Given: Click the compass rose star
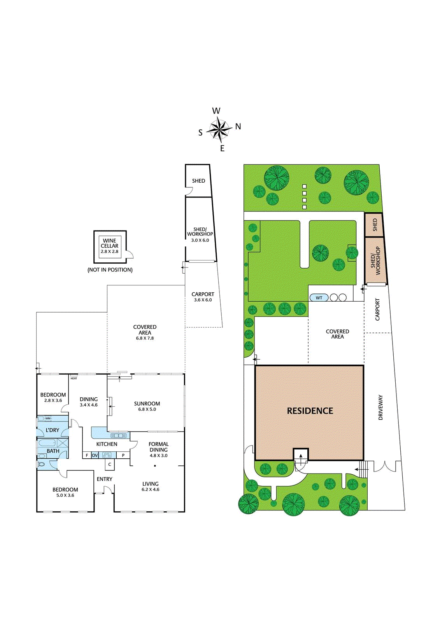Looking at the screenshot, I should click(220, 129).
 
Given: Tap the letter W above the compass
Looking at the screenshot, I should click(216, 111).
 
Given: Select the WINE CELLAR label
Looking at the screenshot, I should click(110, 243).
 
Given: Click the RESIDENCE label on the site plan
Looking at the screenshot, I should click(310, 411).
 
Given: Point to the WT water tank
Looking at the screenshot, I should click(319, 298).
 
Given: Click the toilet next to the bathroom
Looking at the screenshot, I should click(42, 464).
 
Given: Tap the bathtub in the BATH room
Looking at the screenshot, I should click(47, 443).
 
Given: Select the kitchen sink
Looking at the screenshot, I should click(119, 435).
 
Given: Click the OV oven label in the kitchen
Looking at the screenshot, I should click(95, 455).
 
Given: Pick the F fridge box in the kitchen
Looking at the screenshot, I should click(87, 455).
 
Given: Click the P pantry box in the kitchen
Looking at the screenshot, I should click(123, 455).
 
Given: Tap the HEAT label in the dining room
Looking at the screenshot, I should click(74, 378).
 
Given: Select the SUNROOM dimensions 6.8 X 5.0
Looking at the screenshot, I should click(147, 409).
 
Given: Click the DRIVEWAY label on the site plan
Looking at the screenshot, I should click(380, 407).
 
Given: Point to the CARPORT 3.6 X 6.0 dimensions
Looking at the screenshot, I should click(203, 300).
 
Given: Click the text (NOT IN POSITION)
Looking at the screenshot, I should click(110, 270).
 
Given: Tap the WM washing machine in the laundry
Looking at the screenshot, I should click(48, 418).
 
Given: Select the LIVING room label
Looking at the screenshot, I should click(151, 484).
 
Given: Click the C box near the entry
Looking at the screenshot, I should click(110, 464).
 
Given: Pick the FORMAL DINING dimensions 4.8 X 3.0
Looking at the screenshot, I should click(159, 456).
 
